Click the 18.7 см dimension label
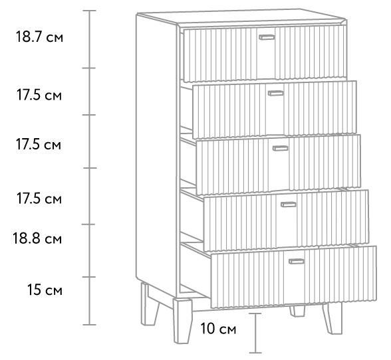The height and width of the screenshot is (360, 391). (x=39, y=37)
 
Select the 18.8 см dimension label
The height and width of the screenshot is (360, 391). (x=37, y=238)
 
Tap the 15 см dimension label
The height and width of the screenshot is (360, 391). (x=45, y=290)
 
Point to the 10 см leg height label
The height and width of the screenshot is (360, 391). (x=218, y=328)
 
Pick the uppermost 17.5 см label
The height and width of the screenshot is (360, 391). (x=39, y=95)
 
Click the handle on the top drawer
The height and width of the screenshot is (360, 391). (x=267, y=37)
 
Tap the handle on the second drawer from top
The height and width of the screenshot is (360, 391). (x=276, y=93)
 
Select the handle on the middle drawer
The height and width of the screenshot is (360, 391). (x=281, y=149)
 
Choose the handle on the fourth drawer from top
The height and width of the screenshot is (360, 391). (x=289, y=205)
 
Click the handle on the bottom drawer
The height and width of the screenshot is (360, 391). (x=297, y=261)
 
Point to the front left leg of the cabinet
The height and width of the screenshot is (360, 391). (x=183, y=321)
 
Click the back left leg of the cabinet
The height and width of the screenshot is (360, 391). (x=149, y=304)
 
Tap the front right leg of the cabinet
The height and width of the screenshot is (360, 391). (x=332, y=318)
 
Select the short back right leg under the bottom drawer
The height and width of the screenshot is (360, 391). (x=297, y=312)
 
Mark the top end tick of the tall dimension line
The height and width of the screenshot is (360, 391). (x=90, y=11)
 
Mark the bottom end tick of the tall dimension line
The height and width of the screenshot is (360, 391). (x=90, y=325)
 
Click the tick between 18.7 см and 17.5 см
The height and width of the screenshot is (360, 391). (x=89, y=68)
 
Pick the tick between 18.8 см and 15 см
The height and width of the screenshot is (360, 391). (x=89, y=277)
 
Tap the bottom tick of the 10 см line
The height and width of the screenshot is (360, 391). (x=255, y=353)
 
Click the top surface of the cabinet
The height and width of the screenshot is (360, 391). (x=241, y=17)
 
